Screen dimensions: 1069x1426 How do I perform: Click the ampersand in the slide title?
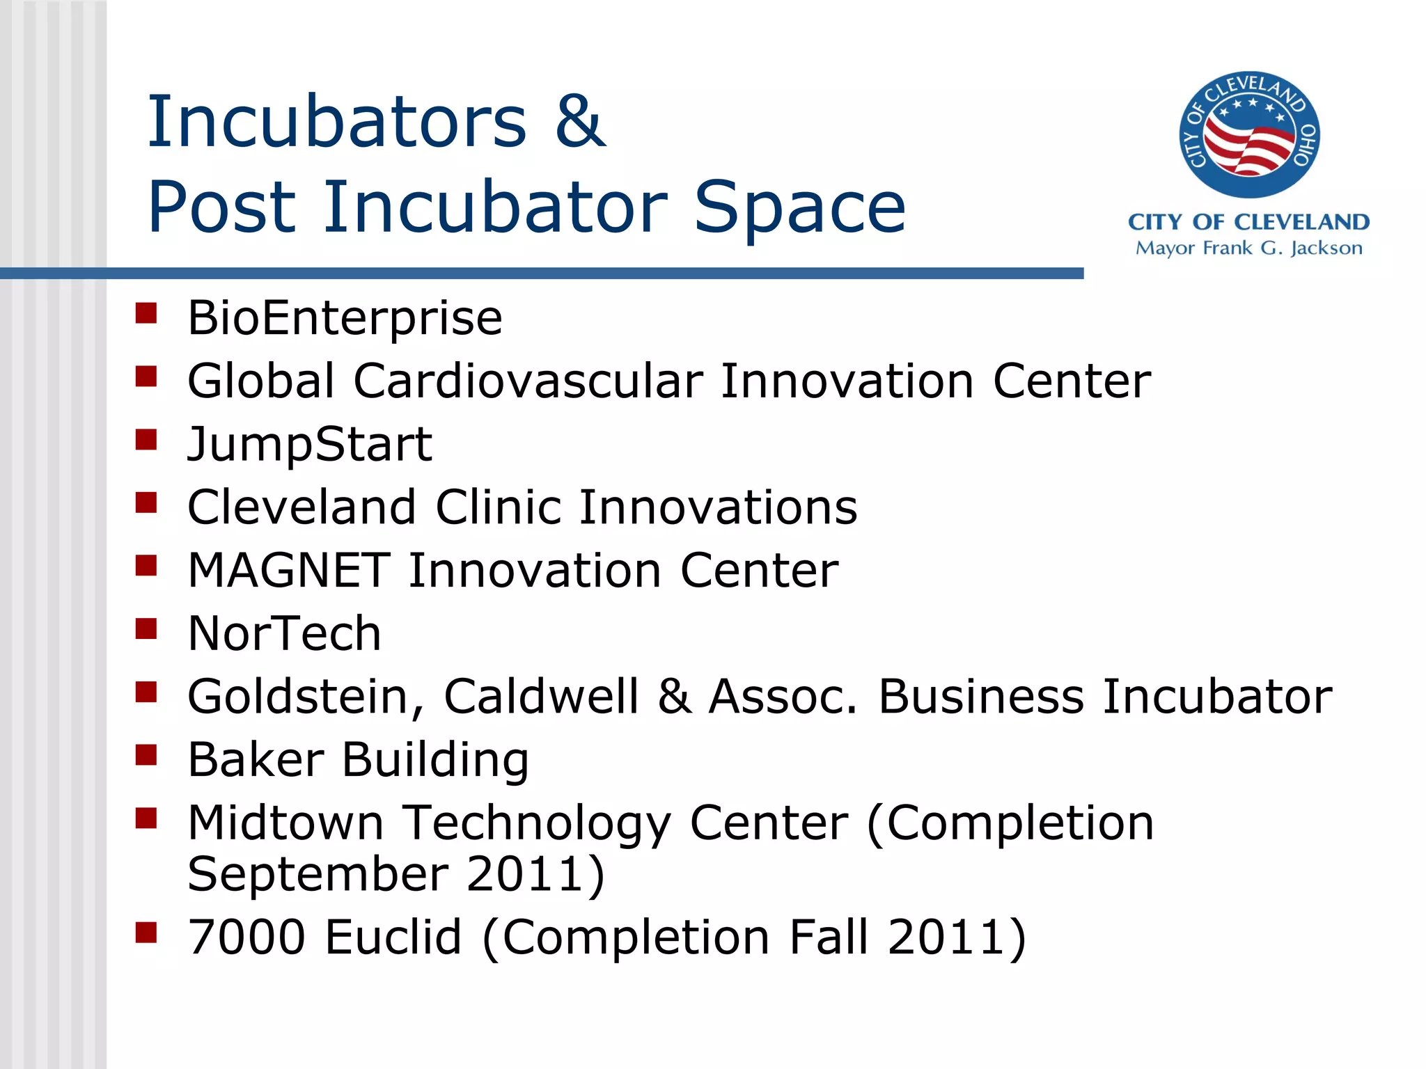[x=580, y=122]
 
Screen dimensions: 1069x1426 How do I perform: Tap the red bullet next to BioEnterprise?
[x=146, y=313]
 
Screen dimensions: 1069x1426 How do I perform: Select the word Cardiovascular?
[x=528, y=381]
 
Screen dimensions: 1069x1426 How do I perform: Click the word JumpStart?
[x=310, y=445]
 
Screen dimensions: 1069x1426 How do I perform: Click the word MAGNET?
[x=289, y=571]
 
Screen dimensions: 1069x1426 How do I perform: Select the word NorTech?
[x=284, y=634]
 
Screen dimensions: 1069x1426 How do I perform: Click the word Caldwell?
[x=541, y=697]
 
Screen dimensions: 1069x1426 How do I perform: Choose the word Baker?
[x=256, y=760]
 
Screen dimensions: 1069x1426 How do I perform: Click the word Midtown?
[x=285, y=823]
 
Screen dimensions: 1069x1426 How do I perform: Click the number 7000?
[x=246, y=937]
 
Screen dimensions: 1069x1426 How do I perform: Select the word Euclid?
[x=393, y=937]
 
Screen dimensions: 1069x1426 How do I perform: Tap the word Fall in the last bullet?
[x=829, y=937]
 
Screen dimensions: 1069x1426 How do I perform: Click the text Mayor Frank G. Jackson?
[x=1248, y=248]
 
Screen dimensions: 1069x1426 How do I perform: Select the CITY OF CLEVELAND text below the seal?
[x=1248, y=222]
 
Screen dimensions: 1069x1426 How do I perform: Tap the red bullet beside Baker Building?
[x=146, y=754]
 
